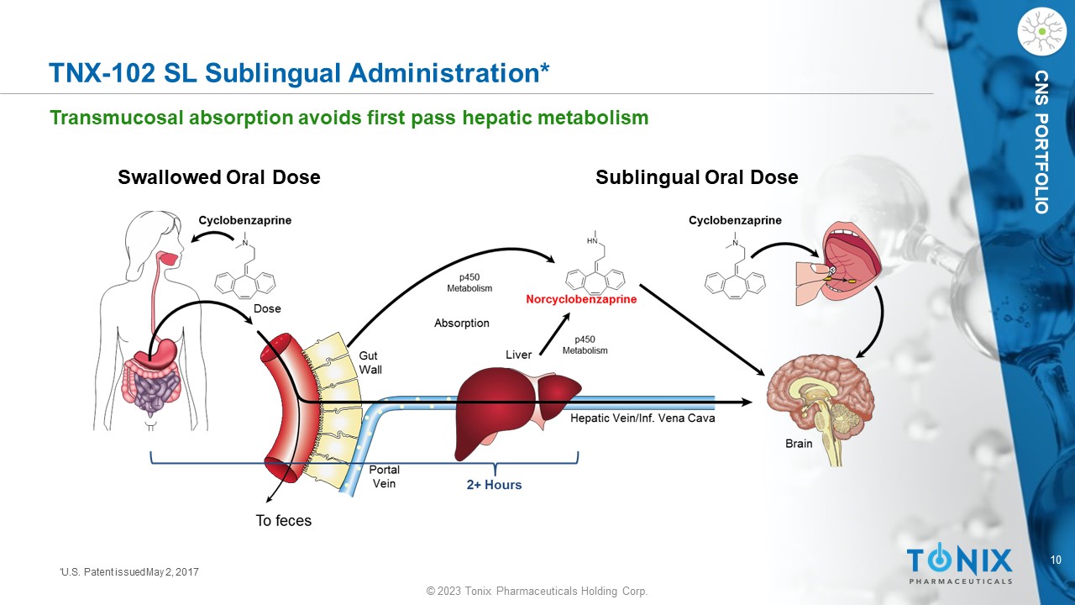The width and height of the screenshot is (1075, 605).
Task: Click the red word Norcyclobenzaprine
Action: coord(581,299)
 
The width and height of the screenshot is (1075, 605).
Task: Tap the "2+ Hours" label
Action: coord(494,485)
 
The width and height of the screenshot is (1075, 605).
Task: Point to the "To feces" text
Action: coord(283,520)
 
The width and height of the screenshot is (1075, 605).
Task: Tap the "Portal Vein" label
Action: coord(384,476)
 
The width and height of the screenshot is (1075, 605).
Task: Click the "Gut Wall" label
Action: coord(370,362)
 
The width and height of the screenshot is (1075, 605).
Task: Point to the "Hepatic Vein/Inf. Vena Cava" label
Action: coord(642,418)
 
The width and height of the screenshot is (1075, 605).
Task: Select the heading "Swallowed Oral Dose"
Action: coord(219,177)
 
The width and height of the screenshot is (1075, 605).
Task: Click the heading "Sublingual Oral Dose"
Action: coord(697,177)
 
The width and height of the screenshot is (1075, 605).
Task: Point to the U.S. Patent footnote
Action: coord(129,572)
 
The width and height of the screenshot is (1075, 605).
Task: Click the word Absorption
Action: coord(462,324)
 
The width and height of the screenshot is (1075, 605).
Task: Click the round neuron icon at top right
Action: coord(1042,32)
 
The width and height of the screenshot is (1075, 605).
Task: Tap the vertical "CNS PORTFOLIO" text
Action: coord(1041,142)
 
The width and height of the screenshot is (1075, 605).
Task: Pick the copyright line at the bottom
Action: coord(537,591)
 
